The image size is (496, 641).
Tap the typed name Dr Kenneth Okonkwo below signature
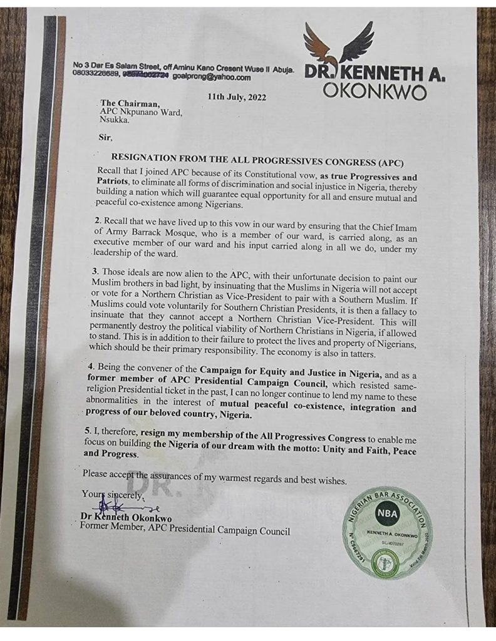128,518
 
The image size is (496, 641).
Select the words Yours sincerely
113,495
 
